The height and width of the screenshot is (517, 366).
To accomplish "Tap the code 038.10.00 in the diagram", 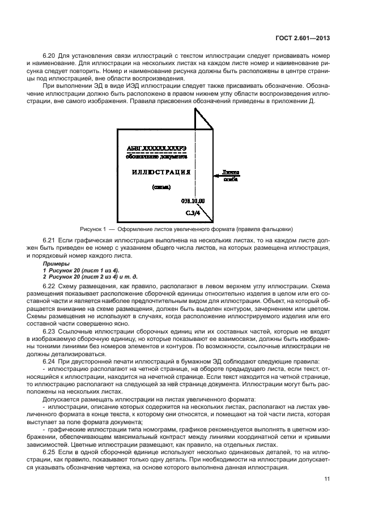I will point(193,200).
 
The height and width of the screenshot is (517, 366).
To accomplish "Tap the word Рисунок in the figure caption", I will point(92,229).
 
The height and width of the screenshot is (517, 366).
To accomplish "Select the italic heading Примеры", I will point(55,264).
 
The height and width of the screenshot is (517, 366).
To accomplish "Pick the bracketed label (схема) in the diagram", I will point(161,186).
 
